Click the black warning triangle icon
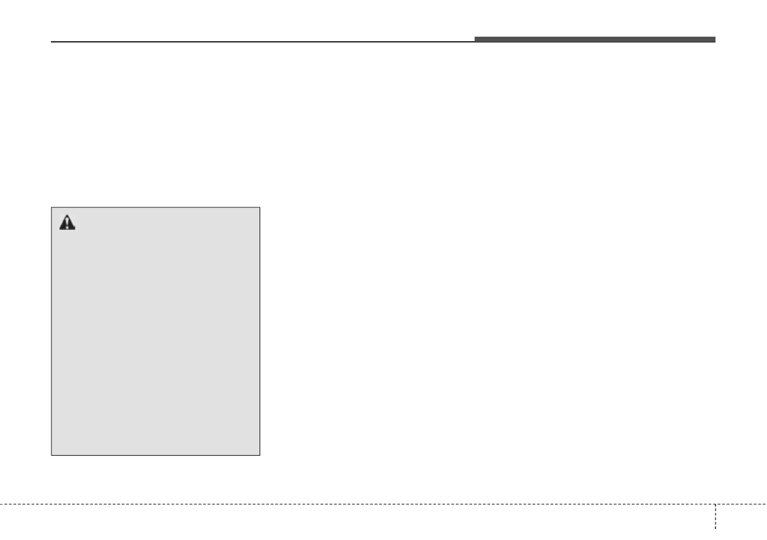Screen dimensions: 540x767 point(68,223)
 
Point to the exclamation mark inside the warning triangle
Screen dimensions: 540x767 point(68,224)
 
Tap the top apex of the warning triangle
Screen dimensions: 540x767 point(68,216)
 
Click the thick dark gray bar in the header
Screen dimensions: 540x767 point(595,40)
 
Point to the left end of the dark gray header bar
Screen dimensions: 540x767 point(476,40)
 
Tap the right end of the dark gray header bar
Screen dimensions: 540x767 point(714,40)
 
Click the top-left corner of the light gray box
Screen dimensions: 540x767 point(52,207)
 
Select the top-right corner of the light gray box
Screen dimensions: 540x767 point(260,207)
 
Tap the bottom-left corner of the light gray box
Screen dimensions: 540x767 point(52,456)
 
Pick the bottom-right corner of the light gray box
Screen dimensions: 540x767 point(260,456)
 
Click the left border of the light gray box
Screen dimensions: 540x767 point(52,331)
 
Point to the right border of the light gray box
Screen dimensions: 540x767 point(260,331)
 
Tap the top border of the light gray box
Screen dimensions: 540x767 point(155,207)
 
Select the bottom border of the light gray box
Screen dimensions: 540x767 point(155,456)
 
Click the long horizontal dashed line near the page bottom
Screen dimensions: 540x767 point(354,503)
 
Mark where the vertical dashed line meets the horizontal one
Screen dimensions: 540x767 point(715,503)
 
